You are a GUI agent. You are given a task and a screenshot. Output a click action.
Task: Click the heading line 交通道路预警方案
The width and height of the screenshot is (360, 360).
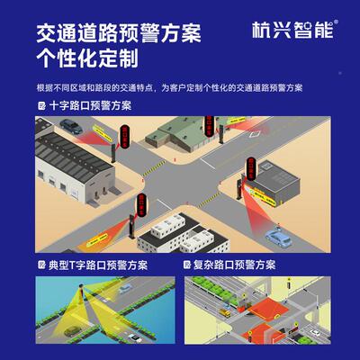[118, 34]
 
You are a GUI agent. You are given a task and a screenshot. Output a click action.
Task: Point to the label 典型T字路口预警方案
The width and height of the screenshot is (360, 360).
[98, 266]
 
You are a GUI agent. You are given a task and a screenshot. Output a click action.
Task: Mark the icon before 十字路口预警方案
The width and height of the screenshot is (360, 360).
[41, 105]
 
